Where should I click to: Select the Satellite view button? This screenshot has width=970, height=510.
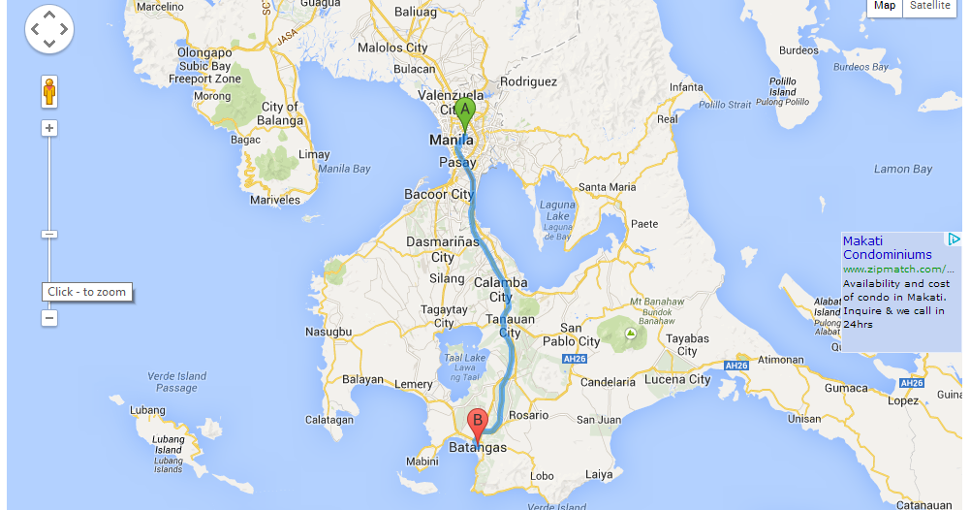click(x=929, y=6)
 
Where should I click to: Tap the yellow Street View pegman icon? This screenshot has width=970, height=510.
click(x=49, y=92)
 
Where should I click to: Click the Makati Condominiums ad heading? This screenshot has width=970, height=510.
click(x=887, y=247)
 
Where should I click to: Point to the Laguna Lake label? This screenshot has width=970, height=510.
click(x=557, y=210)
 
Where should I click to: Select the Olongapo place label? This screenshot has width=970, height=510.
click(x=204, y=53)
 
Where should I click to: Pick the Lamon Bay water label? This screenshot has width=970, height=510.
click(x=902, y=169)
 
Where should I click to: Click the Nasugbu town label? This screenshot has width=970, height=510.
click(x=329, y=332)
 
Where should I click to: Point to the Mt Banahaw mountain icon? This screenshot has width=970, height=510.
click(x=631, y=334)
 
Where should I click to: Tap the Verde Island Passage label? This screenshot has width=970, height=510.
click(x=177, y=382)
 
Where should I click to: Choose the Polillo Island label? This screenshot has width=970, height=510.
click(x=782, y=87)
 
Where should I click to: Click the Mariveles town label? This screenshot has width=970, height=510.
click(x=275, y=200)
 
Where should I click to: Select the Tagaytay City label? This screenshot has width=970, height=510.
click(x=444, y=316)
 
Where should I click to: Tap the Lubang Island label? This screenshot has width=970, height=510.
click(x=169, y=444)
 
